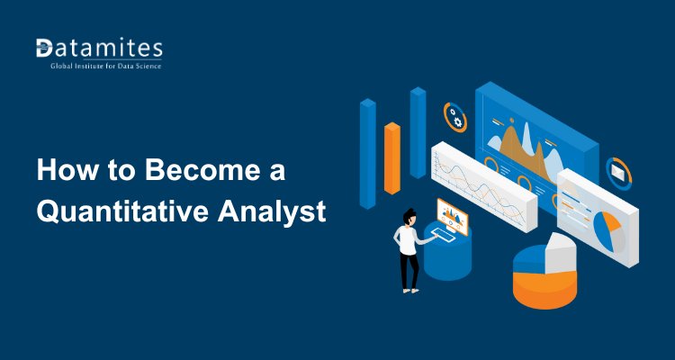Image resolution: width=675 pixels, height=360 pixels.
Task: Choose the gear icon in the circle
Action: (x=455, y=116)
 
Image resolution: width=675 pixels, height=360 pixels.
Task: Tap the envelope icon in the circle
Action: (x=619, y=168)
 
